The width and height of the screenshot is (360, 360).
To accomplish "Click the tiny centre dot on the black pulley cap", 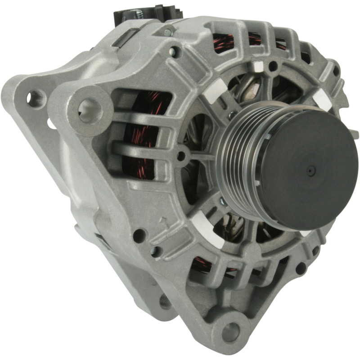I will [x=310, y=171].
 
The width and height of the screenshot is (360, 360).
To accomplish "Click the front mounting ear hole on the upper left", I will [x=90, y=108].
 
